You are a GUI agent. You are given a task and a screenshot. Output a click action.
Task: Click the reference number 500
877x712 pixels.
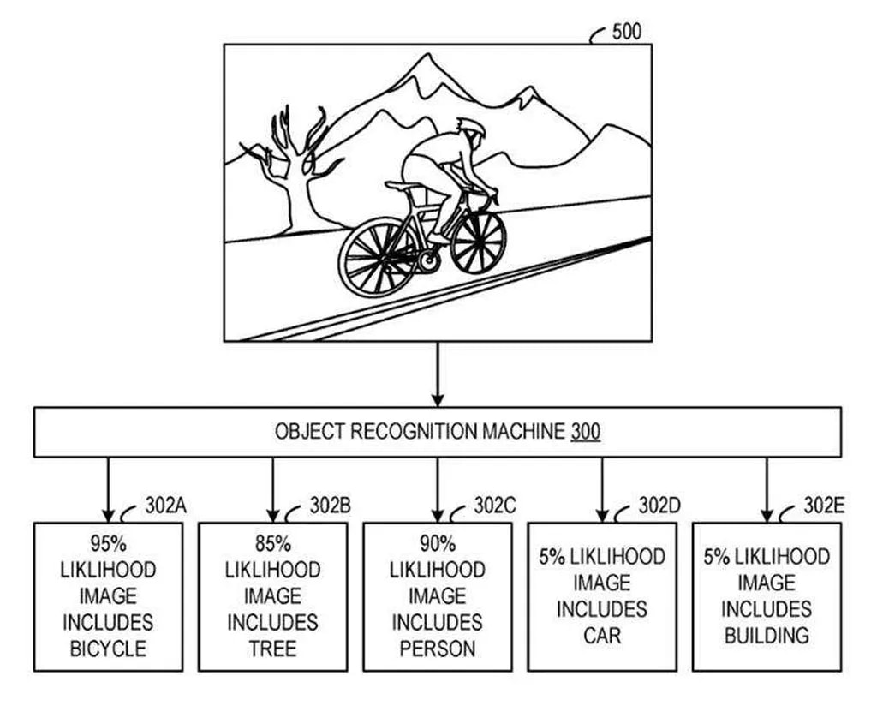click(626, 33)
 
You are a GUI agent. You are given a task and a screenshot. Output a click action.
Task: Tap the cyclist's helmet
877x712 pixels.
click(471, 129)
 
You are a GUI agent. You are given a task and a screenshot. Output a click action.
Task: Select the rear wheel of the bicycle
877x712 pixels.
click(378, 256)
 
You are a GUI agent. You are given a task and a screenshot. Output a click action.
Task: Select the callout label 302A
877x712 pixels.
click(165, 506)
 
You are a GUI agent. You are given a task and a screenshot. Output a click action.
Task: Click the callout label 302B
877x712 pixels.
click(330, 506)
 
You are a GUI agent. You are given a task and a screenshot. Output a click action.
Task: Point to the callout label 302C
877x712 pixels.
click(494, 506)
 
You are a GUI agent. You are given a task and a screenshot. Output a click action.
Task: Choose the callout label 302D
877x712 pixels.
click(659, 506)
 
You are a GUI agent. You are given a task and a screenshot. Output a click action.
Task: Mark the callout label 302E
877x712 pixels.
click(823, 506)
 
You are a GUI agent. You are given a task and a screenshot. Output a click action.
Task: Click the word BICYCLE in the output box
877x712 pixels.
click(108, 649)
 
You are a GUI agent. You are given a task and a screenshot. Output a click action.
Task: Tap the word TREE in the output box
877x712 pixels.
click(272, 649)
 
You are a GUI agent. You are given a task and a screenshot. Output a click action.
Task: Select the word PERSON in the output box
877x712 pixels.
click(437, 649)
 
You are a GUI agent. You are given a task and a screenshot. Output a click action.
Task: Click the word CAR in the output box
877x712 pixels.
click(601, 636)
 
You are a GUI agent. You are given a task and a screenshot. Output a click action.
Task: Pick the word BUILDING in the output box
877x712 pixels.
click(766, 636)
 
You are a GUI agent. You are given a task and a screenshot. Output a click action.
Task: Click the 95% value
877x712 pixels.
click(108, 543)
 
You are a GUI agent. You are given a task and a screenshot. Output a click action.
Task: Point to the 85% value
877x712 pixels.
click(272, 543)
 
